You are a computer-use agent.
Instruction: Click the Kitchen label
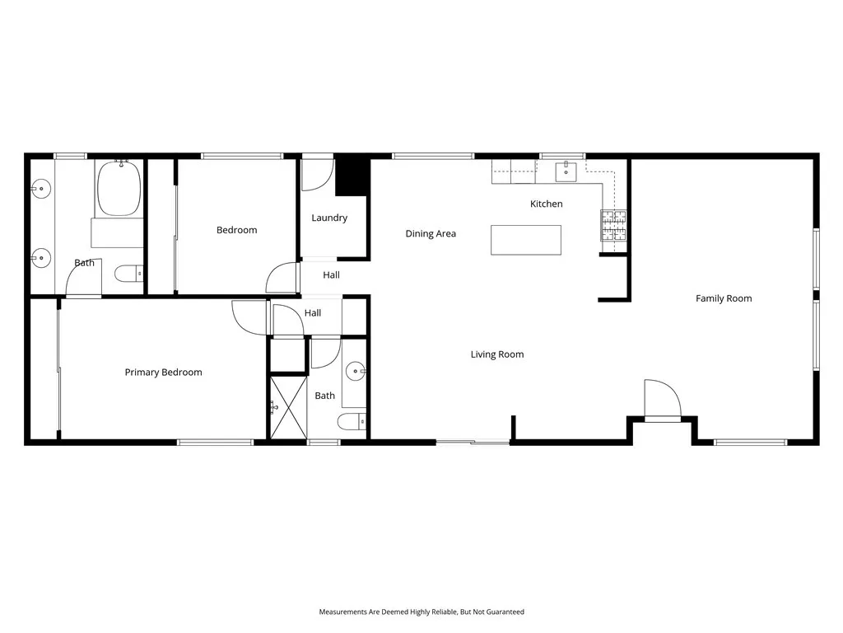pos(546,204)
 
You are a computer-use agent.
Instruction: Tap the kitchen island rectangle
pos(526,240)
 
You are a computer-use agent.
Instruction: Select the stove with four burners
pos(613,226)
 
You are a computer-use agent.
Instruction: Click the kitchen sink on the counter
pos(566,172)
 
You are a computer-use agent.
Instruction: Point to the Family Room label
pos(724,298)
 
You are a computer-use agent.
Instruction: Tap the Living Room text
pos(497,354)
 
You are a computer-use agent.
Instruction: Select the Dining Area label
pos(431,234)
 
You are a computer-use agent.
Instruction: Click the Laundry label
pos(329,218)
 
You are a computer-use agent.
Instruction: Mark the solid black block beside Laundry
pos(352,175)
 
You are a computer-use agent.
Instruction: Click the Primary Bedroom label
pos(163,373)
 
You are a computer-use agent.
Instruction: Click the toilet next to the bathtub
pos(128,273)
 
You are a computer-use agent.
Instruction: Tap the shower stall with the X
pos(287,406)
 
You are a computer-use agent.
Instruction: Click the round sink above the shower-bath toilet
pos(356,371)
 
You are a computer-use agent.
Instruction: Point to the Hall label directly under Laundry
pos(331,275)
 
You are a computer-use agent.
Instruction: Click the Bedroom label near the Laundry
pos(236,230)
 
